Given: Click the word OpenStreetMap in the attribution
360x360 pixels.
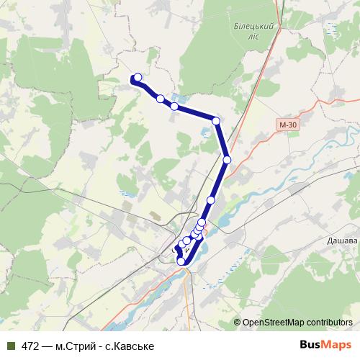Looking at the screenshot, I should point(274,323).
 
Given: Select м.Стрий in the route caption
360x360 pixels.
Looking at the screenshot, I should point(76,346).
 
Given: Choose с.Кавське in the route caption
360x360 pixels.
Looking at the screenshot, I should point(130,346).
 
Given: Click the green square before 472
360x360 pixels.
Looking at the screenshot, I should point(10,346).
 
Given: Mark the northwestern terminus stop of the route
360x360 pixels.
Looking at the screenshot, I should point(138,77).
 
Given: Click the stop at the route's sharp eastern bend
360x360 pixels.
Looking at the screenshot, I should point(216,121).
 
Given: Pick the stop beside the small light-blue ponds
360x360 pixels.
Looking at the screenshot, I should point(174,107).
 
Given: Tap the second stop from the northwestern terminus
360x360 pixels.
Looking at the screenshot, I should point(160,99).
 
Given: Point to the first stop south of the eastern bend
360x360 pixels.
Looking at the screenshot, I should point(227,160).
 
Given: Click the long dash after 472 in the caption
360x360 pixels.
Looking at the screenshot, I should point(48,346).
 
